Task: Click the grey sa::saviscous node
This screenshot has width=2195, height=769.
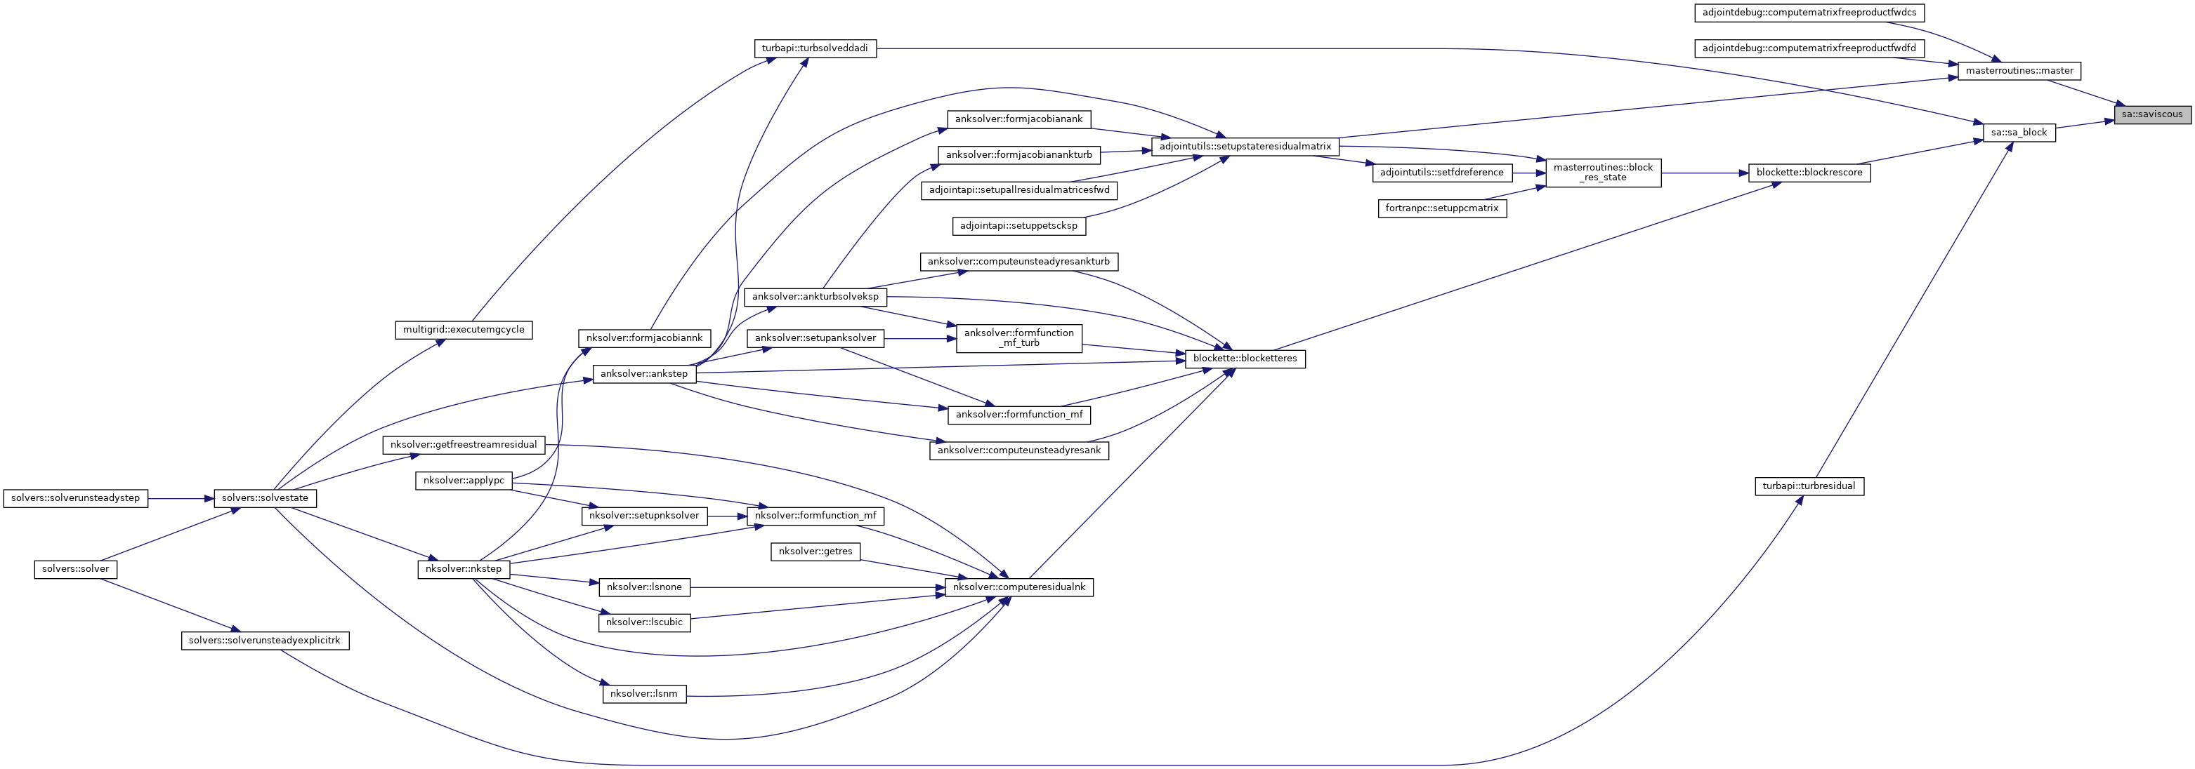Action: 2151,114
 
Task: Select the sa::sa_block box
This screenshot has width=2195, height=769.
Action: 2019,133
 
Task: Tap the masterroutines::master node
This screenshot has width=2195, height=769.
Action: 2019,71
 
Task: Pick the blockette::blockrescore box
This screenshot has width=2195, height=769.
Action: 1809,173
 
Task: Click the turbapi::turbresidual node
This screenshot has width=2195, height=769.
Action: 1809,486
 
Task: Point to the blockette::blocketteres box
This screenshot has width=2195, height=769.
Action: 1245,359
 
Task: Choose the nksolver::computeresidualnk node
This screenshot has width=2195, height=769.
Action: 1018,587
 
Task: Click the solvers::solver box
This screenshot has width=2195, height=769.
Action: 76,569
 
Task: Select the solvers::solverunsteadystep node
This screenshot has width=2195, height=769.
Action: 76,498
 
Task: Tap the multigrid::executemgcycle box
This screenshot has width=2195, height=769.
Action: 464,330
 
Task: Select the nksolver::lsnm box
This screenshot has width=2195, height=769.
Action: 644,694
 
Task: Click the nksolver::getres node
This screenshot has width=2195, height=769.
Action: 815,551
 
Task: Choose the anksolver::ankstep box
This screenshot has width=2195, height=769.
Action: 644,374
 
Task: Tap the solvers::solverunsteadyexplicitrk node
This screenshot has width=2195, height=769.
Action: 265,641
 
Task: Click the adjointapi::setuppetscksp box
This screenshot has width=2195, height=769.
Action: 1018,227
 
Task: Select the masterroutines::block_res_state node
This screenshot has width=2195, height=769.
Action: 1603,173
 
